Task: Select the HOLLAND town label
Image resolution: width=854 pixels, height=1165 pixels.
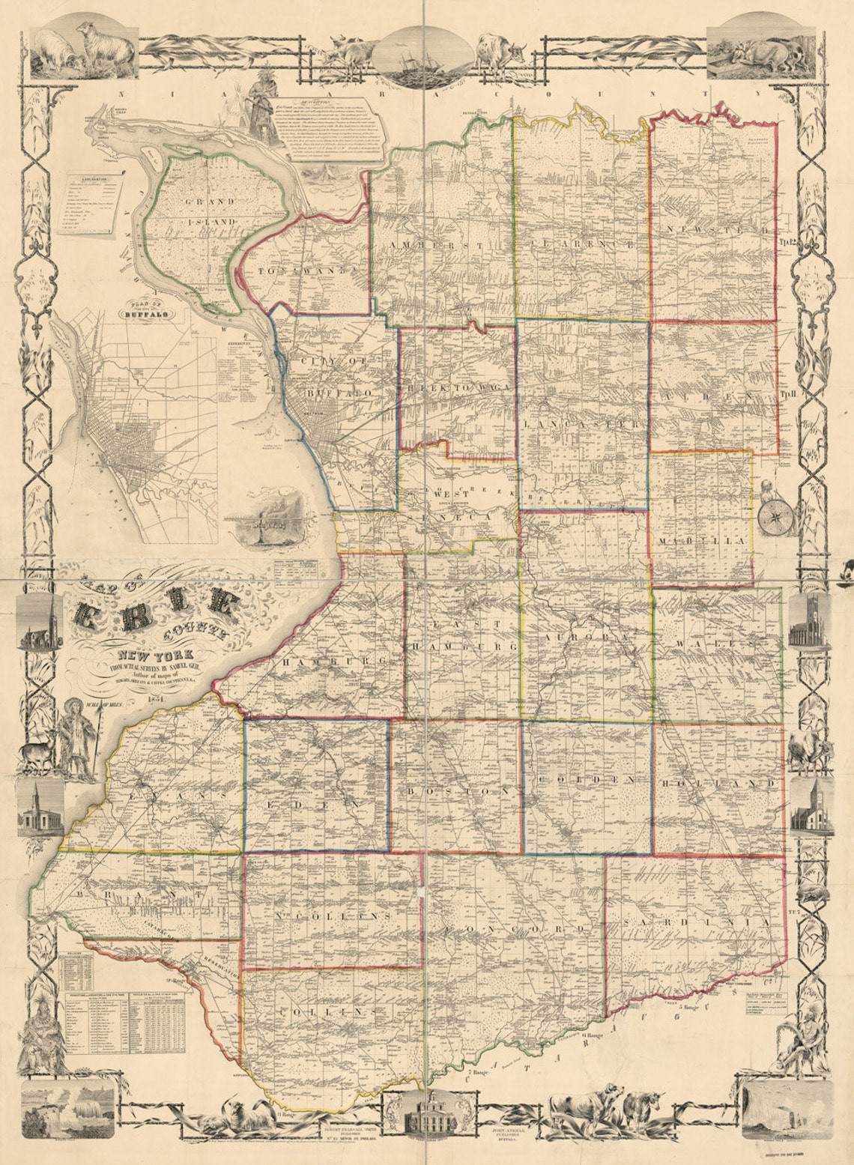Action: point(719,784)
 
